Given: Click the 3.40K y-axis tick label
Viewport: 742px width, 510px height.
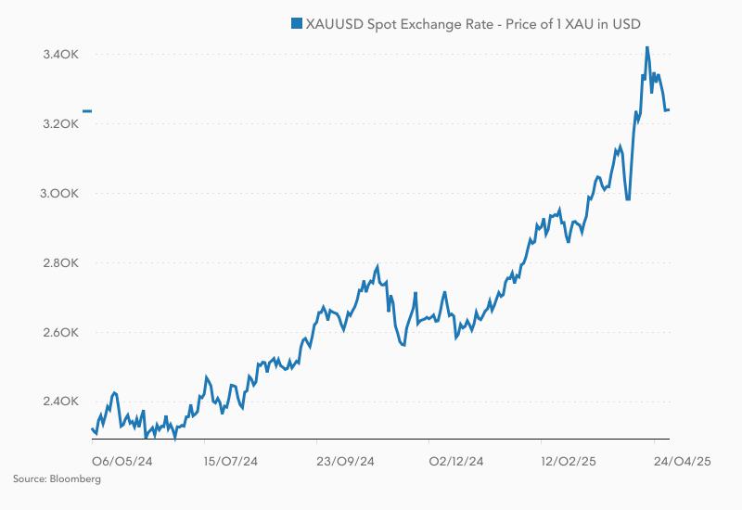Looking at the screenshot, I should click(x=60, y=55).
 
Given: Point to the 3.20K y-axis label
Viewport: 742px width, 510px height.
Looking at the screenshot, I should click(x=60, y=124).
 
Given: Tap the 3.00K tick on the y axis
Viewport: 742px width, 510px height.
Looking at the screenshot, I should click(x=60, y=194).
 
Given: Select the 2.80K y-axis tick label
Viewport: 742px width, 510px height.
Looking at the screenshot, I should click(x=60, y=263).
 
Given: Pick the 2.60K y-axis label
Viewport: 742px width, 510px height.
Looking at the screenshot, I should click(x=60, y=333).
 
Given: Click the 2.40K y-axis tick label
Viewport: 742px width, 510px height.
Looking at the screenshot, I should click(x=60, y=402).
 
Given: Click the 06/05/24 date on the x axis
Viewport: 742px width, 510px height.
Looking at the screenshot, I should click(x=122, y=459).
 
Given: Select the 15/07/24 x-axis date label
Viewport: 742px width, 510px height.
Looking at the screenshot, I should click(x=230, y=459).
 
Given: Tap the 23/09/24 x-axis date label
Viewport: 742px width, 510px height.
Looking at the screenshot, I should click(x=345, y=459).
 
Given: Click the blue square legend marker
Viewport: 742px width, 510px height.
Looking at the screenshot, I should click(x=297, y=23).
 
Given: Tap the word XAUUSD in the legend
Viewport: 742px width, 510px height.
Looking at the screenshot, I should click(x=336, y=23).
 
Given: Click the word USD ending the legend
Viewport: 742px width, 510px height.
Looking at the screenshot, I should click(x=627, y=23).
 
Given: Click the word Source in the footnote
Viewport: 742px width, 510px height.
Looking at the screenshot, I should click(x=28, y=479).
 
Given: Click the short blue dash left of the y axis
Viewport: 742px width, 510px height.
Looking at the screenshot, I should click(x=86, y=111).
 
